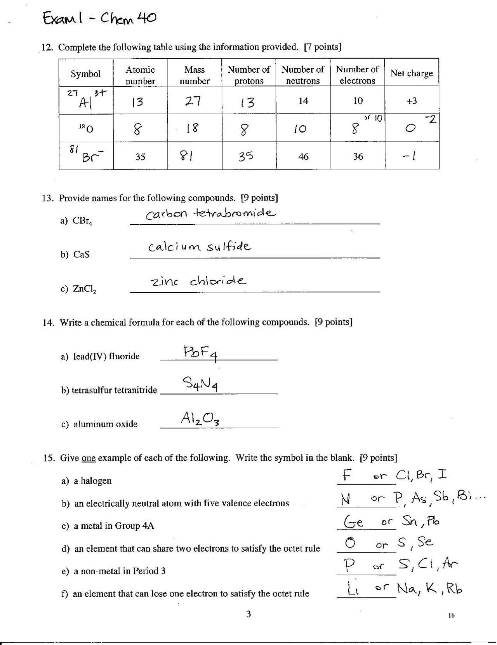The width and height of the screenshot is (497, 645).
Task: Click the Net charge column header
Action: pos(411,73)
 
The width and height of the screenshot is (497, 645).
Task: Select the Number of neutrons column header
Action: pos(303,75)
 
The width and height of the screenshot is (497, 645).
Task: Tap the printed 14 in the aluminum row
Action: pos(303,101)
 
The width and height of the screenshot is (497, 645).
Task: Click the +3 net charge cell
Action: pos(412,101)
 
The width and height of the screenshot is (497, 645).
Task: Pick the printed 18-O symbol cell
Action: pos(86,128)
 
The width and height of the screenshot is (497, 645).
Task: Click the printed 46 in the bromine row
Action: pos(303,156)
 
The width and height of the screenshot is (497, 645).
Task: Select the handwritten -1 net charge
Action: pos(409,156)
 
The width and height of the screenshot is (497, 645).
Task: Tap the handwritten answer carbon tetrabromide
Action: pos(211,213)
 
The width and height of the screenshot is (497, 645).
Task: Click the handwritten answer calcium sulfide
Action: pos(200,247)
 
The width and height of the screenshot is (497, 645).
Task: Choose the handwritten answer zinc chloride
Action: pos(198,281)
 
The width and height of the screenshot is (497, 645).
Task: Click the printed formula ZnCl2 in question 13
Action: pos(84,289)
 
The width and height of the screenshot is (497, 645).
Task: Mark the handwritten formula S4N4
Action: pos(200,385)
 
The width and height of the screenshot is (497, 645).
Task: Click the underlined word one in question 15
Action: pos(89,458)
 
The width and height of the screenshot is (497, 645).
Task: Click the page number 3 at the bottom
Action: pos(248,614)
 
